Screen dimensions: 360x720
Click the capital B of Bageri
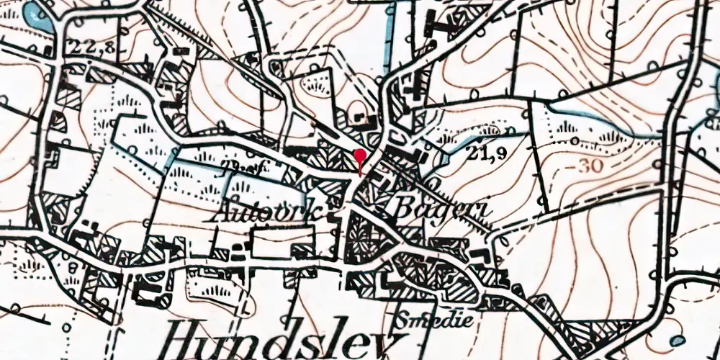pos(404,210)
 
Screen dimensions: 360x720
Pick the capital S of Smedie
pos(404,318)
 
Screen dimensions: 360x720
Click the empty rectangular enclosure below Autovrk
pos(283,241)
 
